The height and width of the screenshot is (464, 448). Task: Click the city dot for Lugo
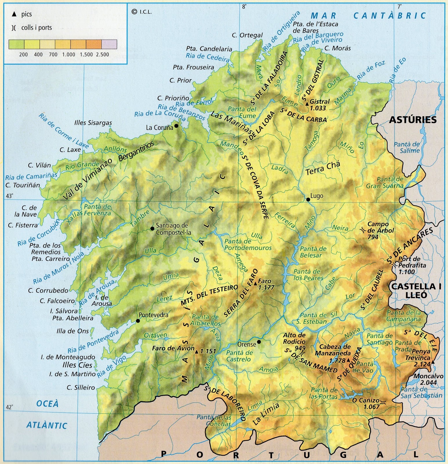point(308,200)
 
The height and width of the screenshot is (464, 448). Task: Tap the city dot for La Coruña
point(176,126)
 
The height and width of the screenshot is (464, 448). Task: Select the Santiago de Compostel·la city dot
point(152,229)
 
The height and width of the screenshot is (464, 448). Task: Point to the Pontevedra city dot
point(138,321)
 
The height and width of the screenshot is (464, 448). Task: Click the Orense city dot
point(259,342)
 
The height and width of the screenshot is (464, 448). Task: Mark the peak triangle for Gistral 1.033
point(307,104)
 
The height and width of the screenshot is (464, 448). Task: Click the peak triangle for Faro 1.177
point(255,284)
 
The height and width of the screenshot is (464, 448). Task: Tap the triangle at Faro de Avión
point(197,352)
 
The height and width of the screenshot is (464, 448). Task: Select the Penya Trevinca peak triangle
point(433,362)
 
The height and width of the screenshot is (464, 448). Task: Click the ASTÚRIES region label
point(413,120)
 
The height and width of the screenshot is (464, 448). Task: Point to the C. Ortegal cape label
point(247,35)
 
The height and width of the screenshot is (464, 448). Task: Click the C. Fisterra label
point(23,225)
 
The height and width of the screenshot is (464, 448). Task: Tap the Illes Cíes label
point(77,365)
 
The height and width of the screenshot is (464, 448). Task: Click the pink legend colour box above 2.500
point(109,44)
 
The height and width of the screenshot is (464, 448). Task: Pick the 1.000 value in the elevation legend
point(69,55)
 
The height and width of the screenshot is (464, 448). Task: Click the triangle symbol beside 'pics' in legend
point(14,14)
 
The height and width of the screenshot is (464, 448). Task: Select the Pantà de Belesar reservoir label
point(313,252)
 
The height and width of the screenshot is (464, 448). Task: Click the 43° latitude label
point(9,196)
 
